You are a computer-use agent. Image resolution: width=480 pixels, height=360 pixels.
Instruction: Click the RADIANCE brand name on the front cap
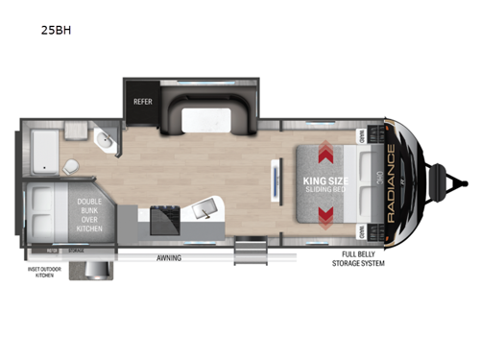click(390, 182)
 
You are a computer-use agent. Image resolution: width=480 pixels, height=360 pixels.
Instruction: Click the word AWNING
click(171, 258)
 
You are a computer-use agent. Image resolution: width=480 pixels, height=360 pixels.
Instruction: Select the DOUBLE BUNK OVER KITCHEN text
click(96, 212)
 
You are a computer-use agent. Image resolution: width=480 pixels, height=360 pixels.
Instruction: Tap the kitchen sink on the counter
click(206, 212)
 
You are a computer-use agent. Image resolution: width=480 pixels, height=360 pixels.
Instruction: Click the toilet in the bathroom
click(72, 168)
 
